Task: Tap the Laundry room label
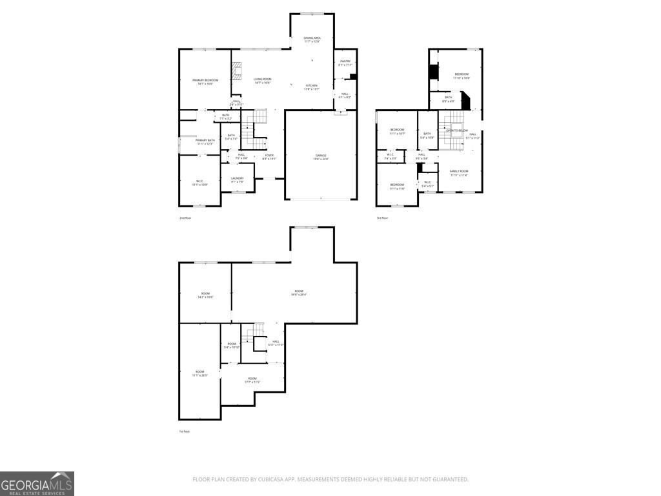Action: click(x=237, y=180)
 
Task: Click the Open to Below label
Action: click(x=457, y=130)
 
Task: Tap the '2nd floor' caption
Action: click(x=185, y=218)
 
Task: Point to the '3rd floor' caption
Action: click(x=382, y=218)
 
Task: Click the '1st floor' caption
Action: click(x=185, y=431)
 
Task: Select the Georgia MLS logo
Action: click(x=37, y=484)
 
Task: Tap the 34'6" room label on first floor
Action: click(x=299, y=293)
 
